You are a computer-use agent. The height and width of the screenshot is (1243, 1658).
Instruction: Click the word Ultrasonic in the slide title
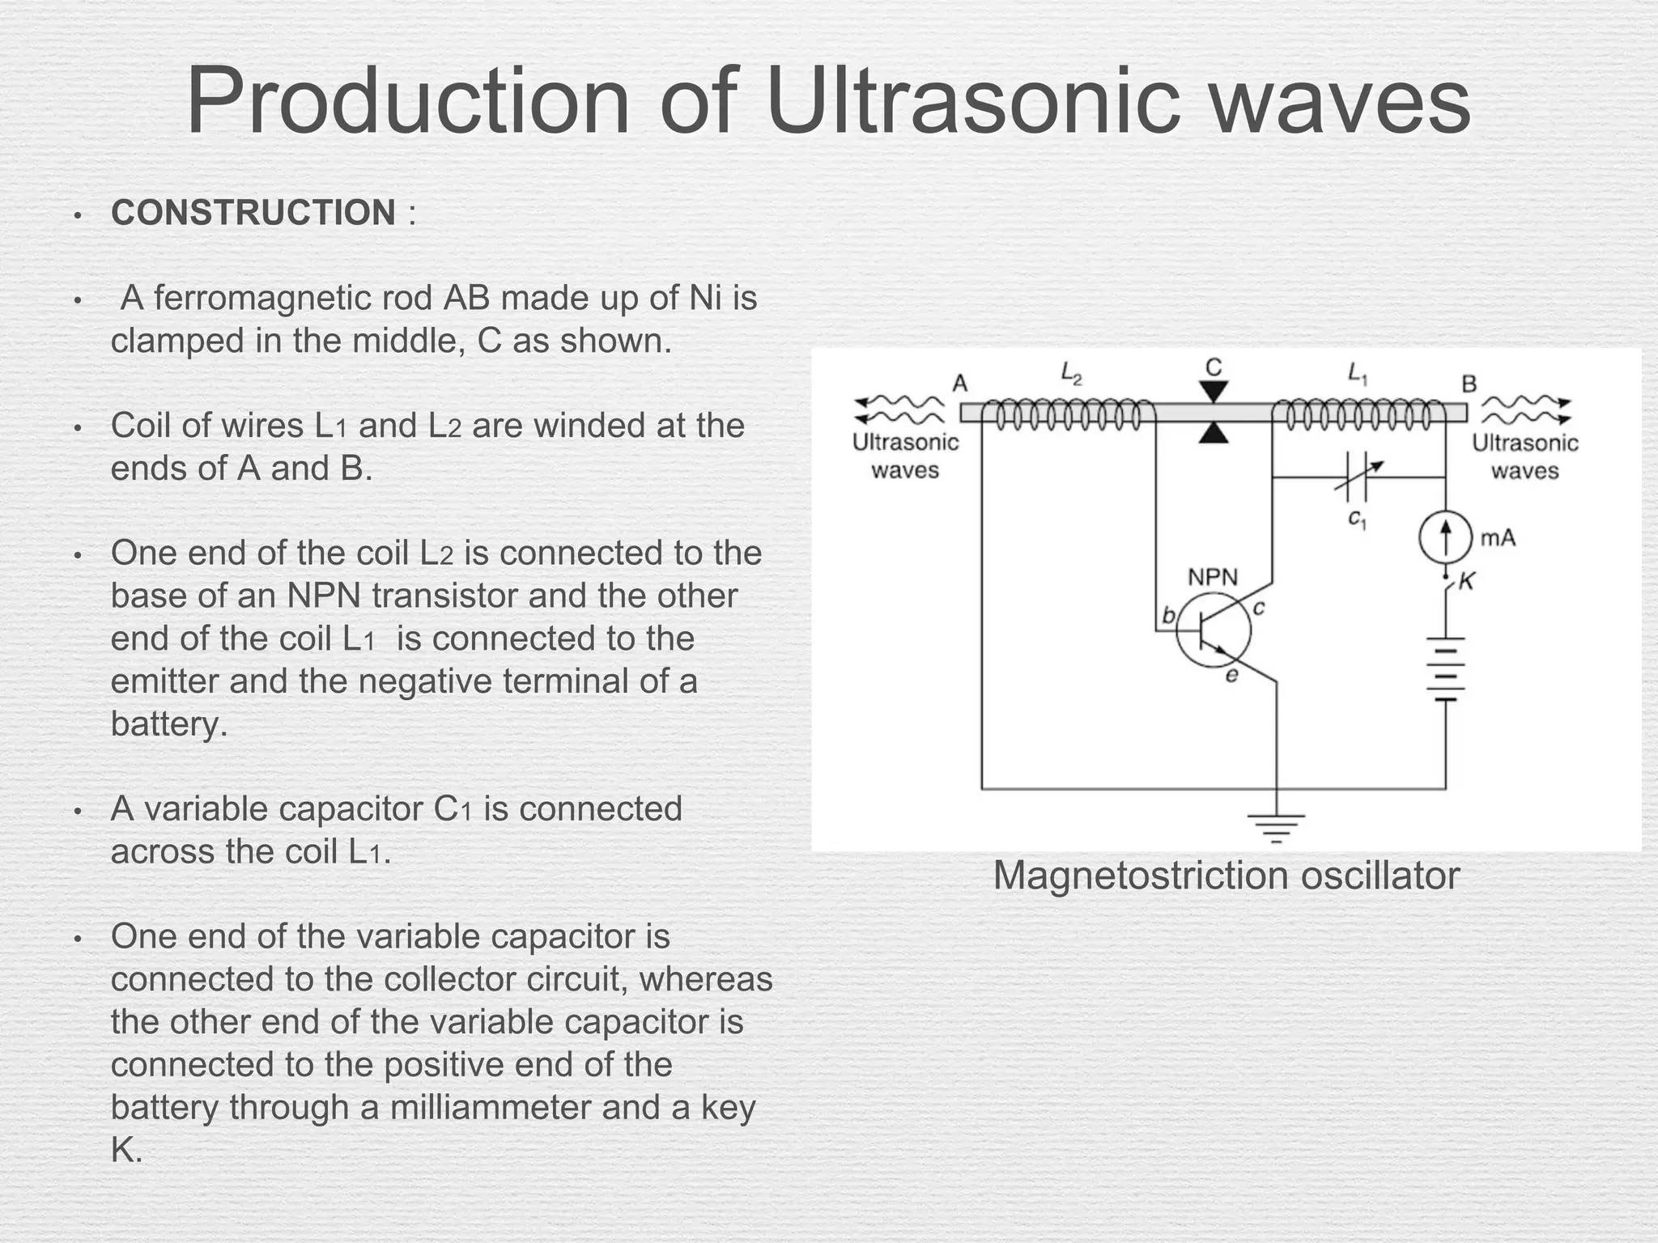coord(971,104)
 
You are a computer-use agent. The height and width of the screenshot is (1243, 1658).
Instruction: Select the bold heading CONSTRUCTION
coord(253,213)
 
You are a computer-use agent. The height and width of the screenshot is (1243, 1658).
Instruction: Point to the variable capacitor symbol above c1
coord(1356,477)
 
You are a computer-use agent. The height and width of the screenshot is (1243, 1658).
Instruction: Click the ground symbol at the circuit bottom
coord(1277,826)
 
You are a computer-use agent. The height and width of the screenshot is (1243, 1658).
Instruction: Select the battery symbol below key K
coord(1445,668)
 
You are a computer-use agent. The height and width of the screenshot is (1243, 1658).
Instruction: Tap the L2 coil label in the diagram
coord(1071,373)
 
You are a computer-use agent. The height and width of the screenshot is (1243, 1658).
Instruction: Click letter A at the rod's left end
coord(959,383)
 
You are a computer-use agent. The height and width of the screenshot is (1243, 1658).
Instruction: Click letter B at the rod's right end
coord(1469,383)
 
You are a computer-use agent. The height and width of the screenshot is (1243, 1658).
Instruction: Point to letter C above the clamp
coord(1213,367)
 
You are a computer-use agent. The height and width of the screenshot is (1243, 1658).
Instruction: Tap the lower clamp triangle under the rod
coord(1213,434)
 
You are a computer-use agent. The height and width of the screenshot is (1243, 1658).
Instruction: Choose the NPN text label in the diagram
coord(1212,577)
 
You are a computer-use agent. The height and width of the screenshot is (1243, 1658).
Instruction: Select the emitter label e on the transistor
coord(1231,675)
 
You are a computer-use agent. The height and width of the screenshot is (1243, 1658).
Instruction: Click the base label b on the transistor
coord(1168,616)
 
